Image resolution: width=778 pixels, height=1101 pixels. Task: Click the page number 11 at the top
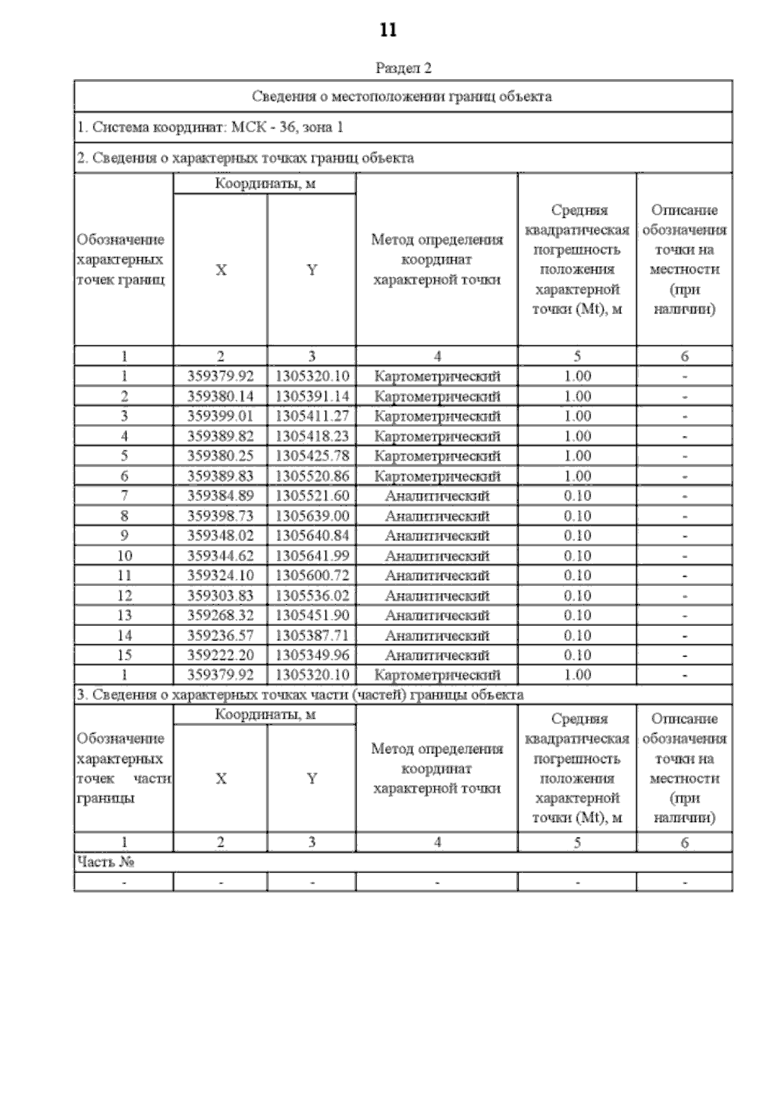(x=388, y=30)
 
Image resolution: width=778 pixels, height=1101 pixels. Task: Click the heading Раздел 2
(x=403, y=68)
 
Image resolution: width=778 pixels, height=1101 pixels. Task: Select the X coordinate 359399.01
(x=220, y=416)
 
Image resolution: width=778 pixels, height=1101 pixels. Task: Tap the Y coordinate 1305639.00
(x=312, y=516)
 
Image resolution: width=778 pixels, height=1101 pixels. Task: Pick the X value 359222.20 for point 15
(x=220, y=655)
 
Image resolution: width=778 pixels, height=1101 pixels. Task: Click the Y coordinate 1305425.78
(x=312, y=456)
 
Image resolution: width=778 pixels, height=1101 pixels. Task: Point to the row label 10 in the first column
(x=124, y=556)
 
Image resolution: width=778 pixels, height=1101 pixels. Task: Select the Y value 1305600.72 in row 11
(x=312, y=575)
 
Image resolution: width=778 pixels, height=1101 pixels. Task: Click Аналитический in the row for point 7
(x=437, y=496)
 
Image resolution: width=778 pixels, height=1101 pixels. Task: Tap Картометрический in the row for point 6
(x=437, y=476)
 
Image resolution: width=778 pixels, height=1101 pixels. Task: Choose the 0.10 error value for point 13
(x=577, y=615)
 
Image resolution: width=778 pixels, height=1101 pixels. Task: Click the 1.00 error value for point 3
(x=577, y=416)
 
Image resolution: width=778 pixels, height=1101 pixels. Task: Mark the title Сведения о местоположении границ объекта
(x=402, y=97)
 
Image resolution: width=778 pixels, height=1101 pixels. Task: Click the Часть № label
(x=106, y=862)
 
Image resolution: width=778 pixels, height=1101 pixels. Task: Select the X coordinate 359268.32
(x=220, y=615)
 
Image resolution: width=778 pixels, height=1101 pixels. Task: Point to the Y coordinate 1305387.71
(x=312, y=635)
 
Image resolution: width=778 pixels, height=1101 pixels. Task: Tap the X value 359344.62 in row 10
(x=220, y=556)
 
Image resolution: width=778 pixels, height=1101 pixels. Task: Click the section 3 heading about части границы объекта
(x=300, y=695)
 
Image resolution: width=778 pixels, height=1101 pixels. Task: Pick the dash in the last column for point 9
(x=685, y=537)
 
